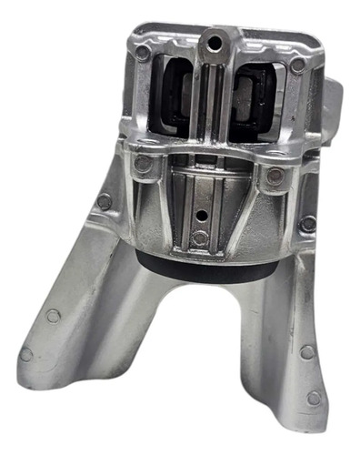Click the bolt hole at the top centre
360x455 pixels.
215,40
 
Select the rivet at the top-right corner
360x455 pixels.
298,66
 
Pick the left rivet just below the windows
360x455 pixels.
142,165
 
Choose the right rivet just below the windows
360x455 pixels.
275,177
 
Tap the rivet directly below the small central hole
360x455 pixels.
200,238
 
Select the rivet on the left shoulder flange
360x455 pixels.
105,200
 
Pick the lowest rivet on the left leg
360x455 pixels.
26,353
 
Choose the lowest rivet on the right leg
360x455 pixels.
314,398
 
